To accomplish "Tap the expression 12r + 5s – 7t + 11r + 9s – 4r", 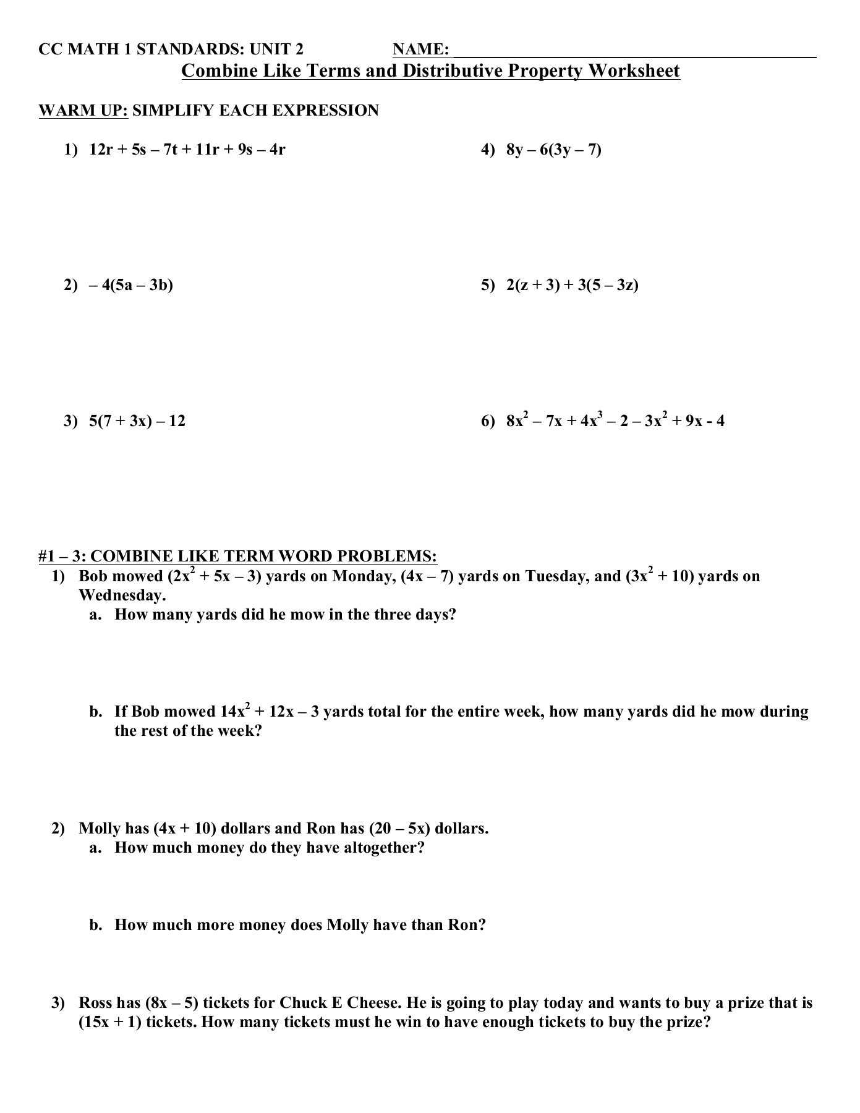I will click(x=187, y=150).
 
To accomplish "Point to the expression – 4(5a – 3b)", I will click(x=131, y=285).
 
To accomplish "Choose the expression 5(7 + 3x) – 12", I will click(x=137, y=421).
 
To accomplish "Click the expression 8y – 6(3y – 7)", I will click(x=554, y=150).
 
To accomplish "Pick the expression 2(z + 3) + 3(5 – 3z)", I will click(x=573, y=285).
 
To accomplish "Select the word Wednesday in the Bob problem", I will click(x=122, y=595).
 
